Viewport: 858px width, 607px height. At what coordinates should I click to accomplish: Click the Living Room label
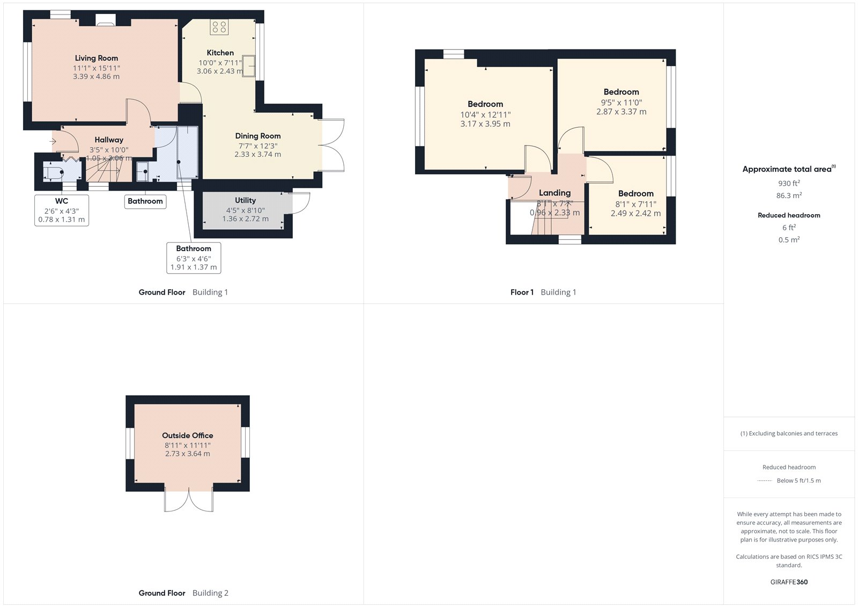click(x=97, y=58)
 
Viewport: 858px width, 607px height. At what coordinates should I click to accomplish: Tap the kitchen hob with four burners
click(x=219, y=27)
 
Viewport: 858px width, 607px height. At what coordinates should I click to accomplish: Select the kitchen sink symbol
click(x=249, y=66)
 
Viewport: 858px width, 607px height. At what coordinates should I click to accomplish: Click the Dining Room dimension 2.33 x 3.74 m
click(x=257, y=154)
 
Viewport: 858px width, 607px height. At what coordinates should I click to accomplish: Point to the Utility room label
click(x=245, y=200)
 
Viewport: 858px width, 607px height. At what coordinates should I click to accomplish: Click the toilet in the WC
click(x=54, y=172)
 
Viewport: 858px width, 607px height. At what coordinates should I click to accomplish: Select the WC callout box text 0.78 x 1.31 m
click(x=62, y=220)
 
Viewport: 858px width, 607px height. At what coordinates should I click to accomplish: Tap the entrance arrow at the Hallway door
click(x=53, y=142)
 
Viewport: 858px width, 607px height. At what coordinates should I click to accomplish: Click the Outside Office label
click(x=188, y=435)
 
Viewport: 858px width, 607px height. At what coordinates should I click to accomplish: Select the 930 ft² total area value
click(x=789, y=183)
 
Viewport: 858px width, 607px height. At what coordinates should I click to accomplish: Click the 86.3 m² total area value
click(x=789, y=195)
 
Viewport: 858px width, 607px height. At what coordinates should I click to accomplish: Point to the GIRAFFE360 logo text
click(x=789, y=582)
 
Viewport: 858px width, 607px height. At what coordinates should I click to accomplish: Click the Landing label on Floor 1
click(x=554, y=193)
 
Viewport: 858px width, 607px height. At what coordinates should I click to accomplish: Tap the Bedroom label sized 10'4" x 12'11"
click(x=485, y=104)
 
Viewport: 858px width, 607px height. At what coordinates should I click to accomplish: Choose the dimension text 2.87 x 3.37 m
click(x=621, y=112)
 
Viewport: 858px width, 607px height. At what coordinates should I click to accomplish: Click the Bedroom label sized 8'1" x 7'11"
click(x=635, y=193)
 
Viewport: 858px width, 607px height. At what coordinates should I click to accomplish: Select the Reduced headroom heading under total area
click(x=789, y=215)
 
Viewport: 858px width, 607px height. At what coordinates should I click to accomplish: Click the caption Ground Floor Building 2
click(x=183, y=593)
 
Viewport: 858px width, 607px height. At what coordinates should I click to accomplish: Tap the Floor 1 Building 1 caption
click(x=543, y=292)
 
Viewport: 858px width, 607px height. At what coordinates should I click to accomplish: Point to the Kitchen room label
click(x=220, y=53)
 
